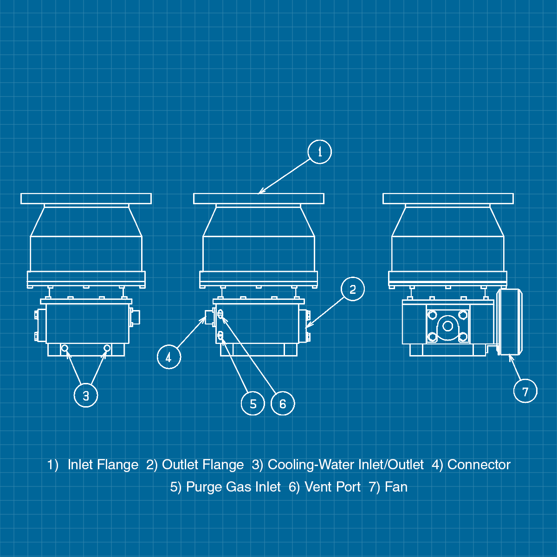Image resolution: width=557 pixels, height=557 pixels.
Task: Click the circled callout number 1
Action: pos(319,152)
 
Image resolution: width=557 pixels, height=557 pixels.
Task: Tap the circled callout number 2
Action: pos(353,289)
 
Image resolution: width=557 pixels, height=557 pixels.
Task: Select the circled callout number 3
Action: pos(86,395)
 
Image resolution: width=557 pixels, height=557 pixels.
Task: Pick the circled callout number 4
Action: pos(169,357)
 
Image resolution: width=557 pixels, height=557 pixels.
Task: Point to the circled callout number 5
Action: pos(253,403)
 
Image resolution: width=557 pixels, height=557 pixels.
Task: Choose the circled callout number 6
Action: pos(283,403)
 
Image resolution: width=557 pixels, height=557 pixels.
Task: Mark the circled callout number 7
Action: pos(525,391)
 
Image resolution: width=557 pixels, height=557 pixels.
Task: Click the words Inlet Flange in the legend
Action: pos(103,465)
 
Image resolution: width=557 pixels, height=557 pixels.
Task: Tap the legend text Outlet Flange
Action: pos(203,465)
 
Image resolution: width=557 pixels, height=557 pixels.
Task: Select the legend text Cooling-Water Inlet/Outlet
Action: pos(346,465)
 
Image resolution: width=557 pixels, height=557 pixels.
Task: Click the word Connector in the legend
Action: pos(479,465)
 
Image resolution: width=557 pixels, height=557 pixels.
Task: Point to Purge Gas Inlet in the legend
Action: pos(233,487)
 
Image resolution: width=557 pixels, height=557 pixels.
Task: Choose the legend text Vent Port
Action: pos(333,487)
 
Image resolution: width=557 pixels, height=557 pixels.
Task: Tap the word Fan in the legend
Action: pos(396,487)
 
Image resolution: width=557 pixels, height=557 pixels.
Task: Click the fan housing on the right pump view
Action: pos(510,322)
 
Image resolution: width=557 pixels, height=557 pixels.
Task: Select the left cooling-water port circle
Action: pos(65,348)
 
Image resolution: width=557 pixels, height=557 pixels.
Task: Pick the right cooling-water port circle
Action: pos(107,348)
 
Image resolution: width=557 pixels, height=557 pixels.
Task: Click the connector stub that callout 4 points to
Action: pos(209,317)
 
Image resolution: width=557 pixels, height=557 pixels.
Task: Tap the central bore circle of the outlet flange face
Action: pos(448,326)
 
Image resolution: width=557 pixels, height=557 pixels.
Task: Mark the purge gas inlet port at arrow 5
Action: pos(220,336)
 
